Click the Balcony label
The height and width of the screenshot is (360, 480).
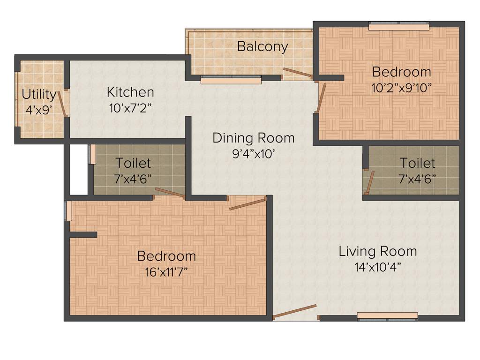262,47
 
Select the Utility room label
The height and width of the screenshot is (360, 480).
38,95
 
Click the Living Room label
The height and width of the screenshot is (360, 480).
377,251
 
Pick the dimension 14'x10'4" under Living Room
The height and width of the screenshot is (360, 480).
378,268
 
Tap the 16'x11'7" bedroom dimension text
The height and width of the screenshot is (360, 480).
166,272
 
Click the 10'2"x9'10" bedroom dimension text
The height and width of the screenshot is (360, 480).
401,88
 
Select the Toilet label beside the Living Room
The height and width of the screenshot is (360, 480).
417,163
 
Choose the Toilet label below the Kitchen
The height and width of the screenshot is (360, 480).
133,163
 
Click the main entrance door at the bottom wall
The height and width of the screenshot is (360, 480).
295,311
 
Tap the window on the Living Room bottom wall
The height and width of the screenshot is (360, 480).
387,316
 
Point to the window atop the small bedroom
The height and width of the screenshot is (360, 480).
398,26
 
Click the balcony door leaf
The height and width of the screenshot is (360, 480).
297,73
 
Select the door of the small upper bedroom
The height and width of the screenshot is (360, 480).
321,97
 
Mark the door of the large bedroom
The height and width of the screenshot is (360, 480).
247,204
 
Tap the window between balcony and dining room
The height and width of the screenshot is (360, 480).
231,80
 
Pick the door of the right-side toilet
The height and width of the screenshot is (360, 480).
370,182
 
